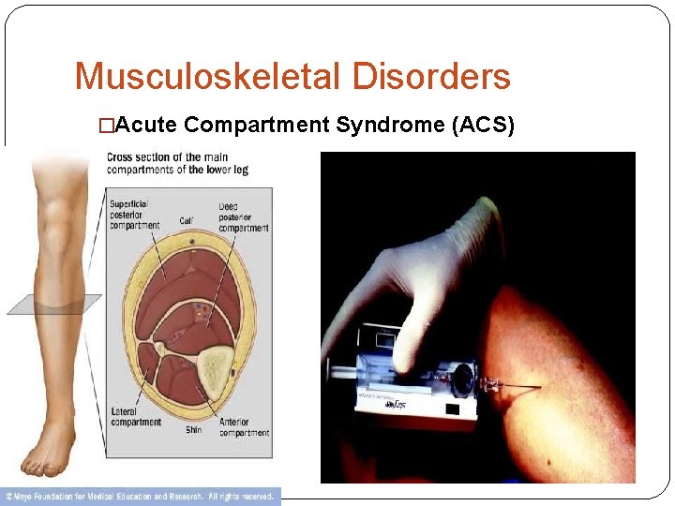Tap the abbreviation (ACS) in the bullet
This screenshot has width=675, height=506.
click(484, 126)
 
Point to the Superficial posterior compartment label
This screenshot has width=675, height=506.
click(135, 215)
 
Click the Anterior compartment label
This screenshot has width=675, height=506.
click(244, 426)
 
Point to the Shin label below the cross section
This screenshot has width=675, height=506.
click(192, 430)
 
